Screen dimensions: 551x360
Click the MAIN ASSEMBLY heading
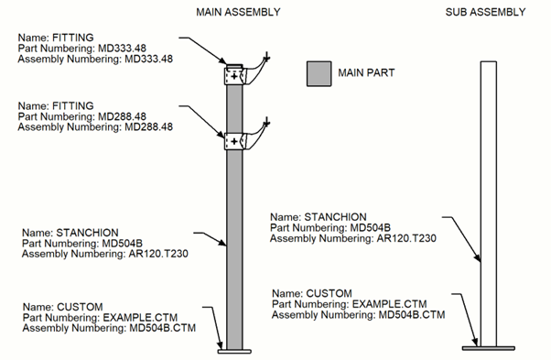point(238,12)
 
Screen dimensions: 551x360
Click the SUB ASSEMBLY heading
point(485,12)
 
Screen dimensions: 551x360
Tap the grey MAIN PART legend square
point(319,73)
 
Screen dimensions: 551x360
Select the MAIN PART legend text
point(366,72)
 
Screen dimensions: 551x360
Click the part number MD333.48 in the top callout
point(122,49)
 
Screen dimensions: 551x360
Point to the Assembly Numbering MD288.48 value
point(148,126)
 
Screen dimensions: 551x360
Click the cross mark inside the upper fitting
point(234,76)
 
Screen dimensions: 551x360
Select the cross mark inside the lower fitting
point(234,141)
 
